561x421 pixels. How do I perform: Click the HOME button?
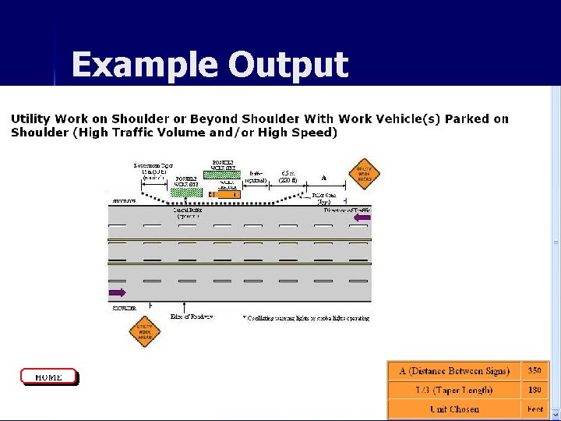(x=48, y=377)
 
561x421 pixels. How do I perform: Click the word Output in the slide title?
(x=288, y=64)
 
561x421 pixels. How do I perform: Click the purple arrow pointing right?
(x=118, y=292)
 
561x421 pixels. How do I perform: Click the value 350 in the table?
(x=535, y=371)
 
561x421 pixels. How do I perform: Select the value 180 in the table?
(x=535, y=390)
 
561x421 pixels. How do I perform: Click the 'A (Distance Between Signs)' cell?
(x=454, y=371)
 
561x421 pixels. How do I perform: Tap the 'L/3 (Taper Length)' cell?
(x=454, y=390)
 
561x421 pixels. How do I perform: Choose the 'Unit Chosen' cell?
(x=454, y=409)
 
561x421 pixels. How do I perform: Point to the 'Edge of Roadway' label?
(x=192, y=317)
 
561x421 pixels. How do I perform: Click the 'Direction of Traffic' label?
(x=348, y=210)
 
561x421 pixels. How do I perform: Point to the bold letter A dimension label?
(x=323, y=178)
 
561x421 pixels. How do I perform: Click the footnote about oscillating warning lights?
(x=305, y=318)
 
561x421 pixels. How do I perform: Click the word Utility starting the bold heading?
(x=30, y=119)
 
